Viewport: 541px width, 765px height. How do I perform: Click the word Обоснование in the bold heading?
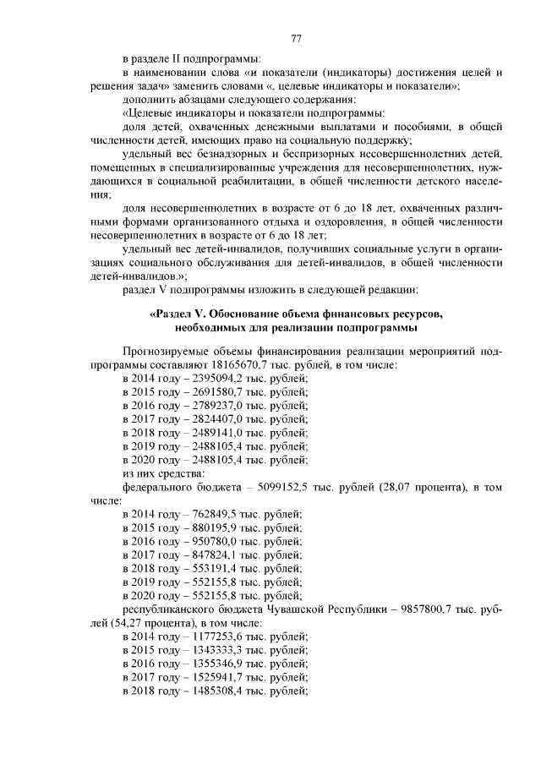pyautogui.click(x=244, y=314)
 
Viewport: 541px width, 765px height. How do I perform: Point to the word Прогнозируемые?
pyautogui.click(x=167, y=351)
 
